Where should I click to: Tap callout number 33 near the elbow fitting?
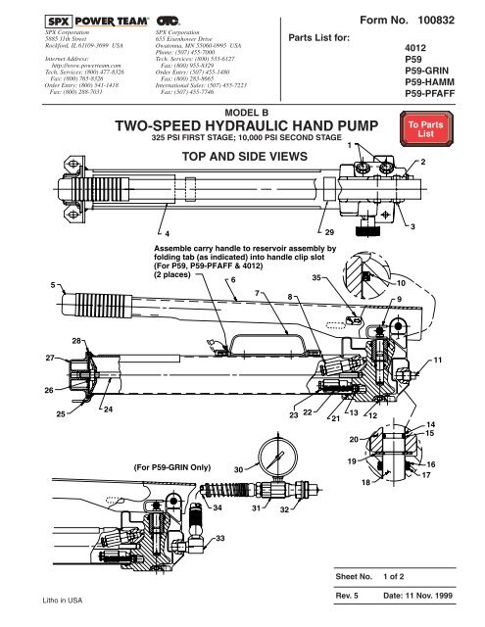click(220, 539)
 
